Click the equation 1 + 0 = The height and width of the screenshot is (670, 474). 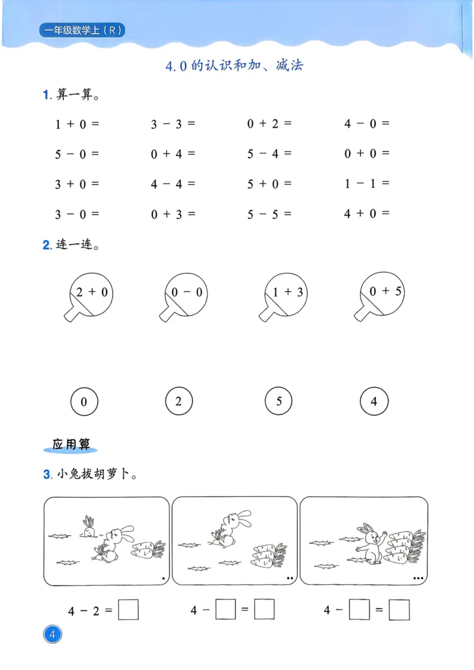point(77,124)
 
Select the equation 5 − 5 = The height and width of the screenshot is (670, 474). point(270,214)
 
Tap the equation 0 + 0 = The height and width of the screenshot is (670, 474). point(367,153)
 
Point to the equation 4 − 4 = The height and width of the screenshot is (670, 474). point(173,184)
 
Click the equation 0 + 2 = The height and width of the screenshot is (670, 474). point(270,124)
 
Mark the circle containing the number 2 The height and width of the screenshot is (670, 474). point(179,402)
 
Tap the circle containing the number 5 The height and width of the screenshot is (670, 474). point(279,402)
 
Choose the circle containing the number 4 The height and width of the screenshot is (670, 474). point(374,402)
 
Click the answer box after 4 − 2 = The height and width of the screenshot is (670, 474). point(128,610)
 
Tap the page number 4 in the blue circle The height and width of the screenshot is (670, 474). point(53,636)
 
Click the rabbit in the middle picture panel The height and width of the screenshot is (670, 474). point(232,526)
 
